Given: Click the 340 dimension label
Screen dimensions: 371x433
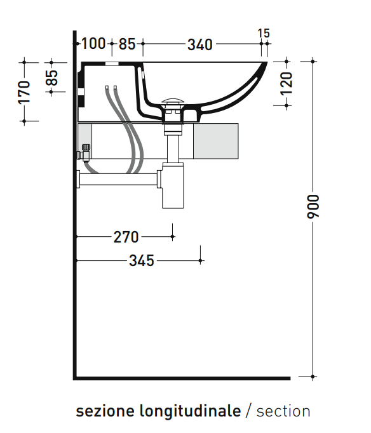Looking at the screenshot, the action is tap(200, 44).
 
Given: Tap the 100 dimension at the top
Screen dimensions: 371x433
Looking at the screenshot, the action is tap(93, 44).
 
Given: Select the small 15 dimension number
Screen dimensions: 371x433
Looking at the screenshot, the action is tap(264, 34).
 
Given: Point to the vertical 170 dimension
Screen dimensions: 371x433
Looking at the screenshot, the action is tap(24, 92).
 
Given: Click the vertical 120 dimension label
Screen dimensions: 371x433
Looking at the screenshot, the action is tap(287, 84).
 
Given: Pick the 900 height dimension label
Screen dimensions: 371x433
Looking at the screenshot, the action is tap(313, 206).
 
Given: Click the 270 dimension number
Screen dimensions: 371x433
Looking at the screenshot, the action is tap(126, 237).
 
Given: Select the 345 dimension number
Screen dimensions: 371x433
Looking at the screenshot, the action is tap(142, 261).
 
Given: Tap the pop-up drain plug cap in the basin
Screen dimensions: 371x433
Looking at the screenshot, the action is tap(173, 102).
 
